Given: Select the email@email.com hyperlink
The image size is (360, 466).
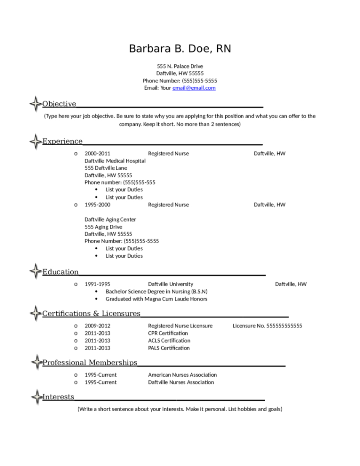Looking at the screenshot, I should (x=194, y=88).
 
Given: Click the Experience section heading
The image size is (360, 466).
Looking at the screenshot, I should (x=62, y=141).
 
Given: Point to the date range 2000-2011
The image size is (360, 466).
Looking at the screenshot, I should (x=97, y=154).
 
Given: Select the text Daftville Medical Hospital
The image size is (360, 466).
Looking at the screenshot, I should (x=115, y=161).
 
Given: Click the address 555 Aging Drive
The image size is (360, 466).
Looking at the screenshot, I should (x=103, y=227).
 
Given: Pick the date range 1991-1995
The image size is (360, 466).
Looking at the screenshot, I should (x=97, y=284).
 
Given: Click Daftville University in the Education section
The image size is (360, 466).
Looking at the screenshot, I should (x=171, y=284).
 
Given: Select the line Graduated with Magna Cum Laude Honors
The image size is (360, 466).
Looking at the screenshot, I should (x=156, y=299).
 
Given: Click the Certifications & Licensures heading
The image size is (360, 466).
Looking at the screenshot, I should (x=91, y=314).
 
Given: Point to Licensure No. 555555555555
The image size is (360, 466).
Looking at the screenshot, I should (x=267, y=326).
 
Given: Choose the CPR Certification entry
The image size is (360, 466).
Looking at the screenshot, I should (x=168, y=333).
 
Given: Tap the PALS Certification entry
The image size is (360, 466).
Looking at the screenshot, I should (x=169, y=348).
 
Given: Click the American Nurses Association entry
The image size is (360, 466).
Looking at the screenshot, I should (x=182, y=375).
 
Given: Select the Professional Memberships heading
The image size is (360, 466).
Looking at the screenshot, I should (x=90, y=362).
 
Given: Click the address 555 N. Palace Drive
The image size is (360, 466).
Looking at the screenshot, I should (x=180, y=66).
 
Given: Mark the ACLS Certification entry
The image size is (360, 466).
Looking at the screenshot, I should (x=169, y=341).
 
